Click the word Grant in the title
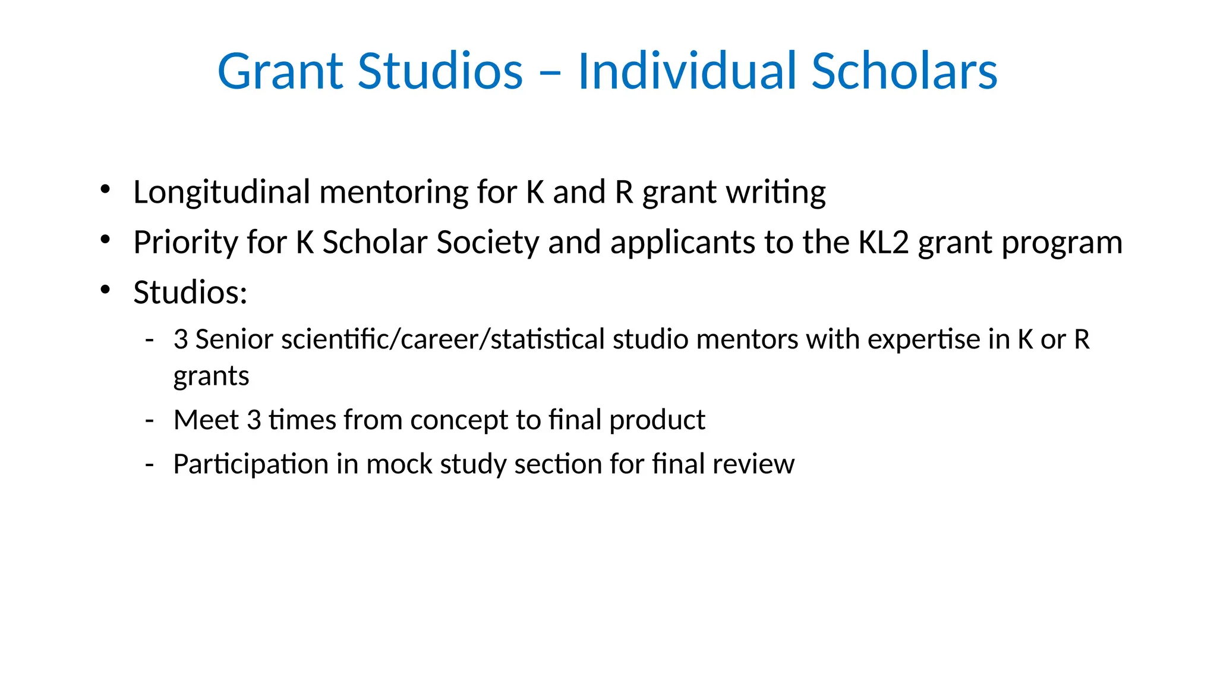pos(280,71)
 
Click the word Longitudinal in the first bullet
pos(222,193)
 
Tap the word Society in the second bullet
pos(487,243)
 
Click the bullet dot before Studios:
pos(106,290)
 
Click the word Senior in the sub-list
pos(234,340)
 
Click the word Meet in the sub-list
pos(206,420)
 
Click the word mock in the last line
pos(399,464)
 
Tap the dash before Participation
pos(150,464)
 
